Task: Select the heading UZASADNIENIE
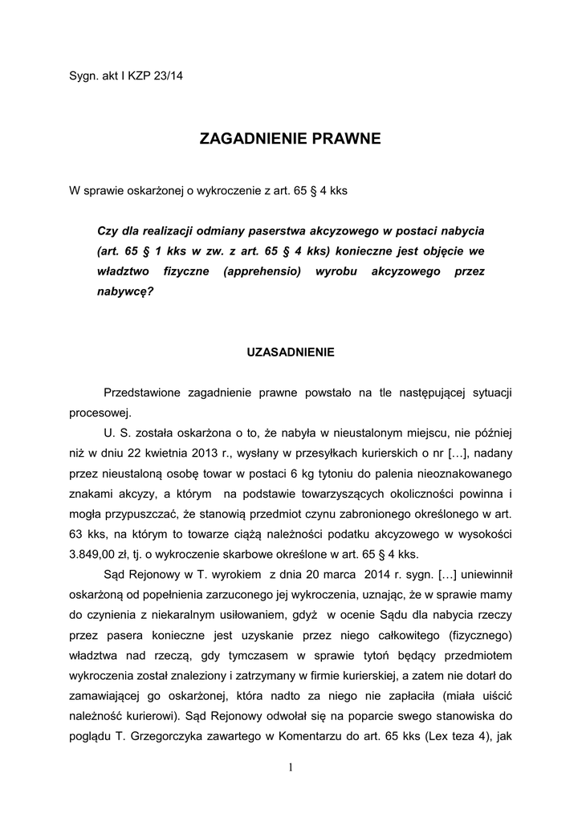point(291,352)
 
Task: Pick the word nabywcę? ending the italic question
point(124,293)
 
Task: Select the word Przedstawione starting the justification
point(142,393)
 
